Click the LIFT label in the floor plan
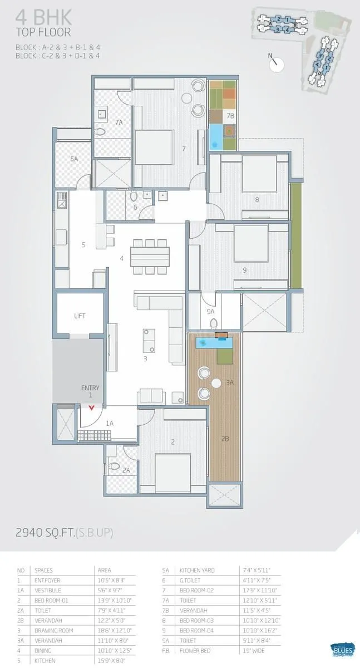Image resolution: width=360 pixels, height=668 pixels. coord(80,316)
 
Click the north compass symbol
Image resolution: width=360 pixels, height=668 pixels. coord(275,64)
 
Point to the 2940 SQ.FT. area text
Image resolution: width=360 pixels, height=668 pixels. coord(65,533)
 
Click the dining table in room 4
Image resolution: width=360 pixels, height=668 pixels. coord(150,257)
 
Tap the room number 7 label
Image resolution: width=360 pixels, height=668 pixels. coord(183,149)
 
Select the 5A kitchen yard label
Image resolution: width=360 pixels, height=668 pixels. coord(74,159)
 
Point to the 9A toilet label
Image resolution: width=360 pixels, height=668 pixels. coord(211,312)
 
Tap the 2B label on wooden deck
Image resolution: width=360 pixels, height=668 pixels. coord(225,439)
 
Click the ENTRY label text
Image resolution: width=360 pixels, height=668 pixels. coord(90,388)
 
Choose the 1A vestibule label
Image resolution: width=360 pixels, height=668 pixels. coord(110,424)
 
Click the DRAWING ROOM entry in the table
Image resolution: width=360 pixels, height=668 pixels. coord(53,631)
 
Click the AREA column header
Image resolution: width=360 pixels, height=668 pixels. coord(104,571)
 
